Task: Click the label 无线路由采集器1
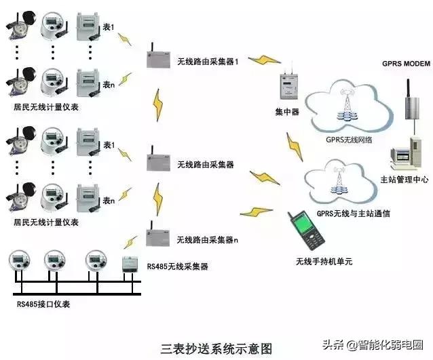(x=209, y=61)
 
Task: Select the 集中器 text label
(x=286, y=111)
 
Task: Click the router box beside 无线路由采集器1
(x=158, y=59)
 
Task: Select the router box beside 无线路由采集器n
(x=159, y=238)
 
